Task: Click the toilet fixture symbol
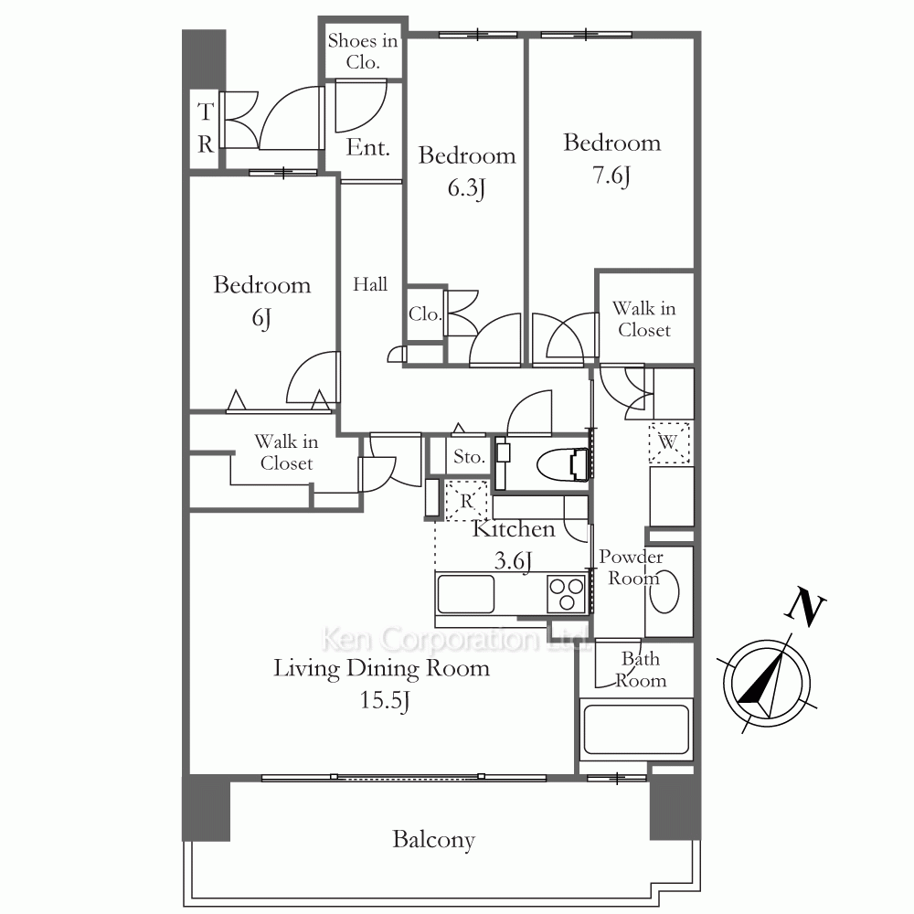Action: click(x=562, y=464)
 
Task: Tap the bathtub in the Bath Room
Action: click(x=636, y=729)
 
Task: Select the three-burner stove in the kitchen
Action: click(x=566, y=594)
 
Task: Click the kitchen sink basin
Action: click(x=466, y=594)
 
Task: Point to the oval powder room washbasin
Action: click(x=664, y=591)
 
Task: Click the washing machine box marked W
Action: click(x=669, y=443)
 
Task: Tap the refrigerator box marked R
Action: click(x=467, y=501)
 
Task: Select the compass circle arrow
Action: click(x=766, y=683)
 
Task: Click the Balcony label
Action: click(x=433, y=840)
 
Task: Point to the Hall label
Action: click(x=370, y=284)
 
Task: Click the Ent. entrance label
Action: click(x=367, y=147)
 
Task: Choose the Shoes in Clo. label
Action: click(x=363, y=51)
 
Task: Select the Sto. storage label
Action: click(x=469, y=456)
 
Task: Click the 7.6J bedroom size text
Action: click(x=612, y=175)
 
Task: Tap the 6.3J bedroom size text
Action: click(x=467, y=188)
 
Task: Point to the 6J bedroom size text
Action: click(x=261, y=318)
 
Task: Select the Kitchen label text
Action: click(x=514, y=529)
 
